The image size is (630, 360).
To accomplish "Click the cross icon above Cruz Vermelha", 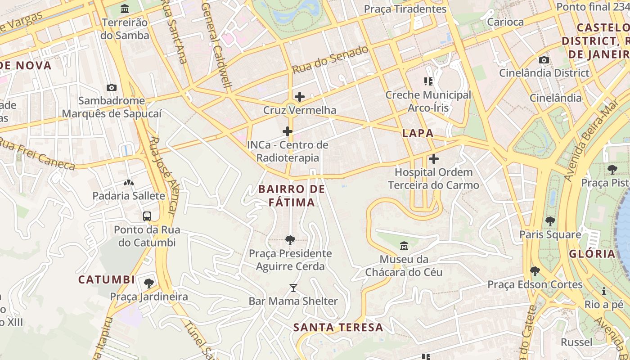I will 300,97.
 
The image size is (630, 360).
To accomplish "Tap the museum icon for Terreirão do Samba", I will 125,9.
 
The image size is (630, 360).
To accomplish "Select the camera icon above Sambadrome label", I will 111,87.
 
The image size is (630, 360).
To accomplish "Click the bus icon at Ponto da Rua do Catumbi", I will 147,216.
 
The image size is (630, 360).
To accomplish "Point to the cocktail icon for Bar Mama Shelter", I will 293,288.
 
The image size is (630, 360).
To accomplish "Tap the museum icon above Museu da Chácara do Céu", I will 404,246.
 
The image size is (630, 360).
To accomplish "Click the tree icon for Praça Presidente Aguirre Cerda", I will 290,240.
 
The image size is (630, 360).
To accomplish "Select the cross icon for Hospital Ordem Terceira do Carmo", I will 434,159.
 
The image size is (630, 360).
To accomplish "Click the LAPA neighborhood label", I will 418,133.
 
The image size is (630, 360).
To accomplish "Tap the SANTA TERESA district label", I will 338,328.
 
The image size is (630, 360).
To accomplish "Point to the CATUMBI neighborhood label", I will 107,280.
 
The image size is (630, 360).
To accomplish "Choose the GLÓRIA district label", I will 592,254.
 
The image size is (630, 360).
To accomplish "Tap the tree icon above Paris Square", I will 550,221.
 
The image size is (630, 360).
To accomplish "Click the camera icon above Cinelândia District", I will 544,60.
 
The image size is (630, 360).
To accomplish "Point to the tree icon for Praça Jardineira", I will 149,283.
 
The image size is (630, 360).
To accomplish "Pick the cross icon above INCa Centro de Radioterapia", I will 288,132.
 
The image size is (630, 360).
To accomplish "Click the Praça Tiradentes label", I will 405,9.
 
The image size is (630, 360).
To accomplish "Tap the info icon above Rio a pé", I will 604,292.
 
